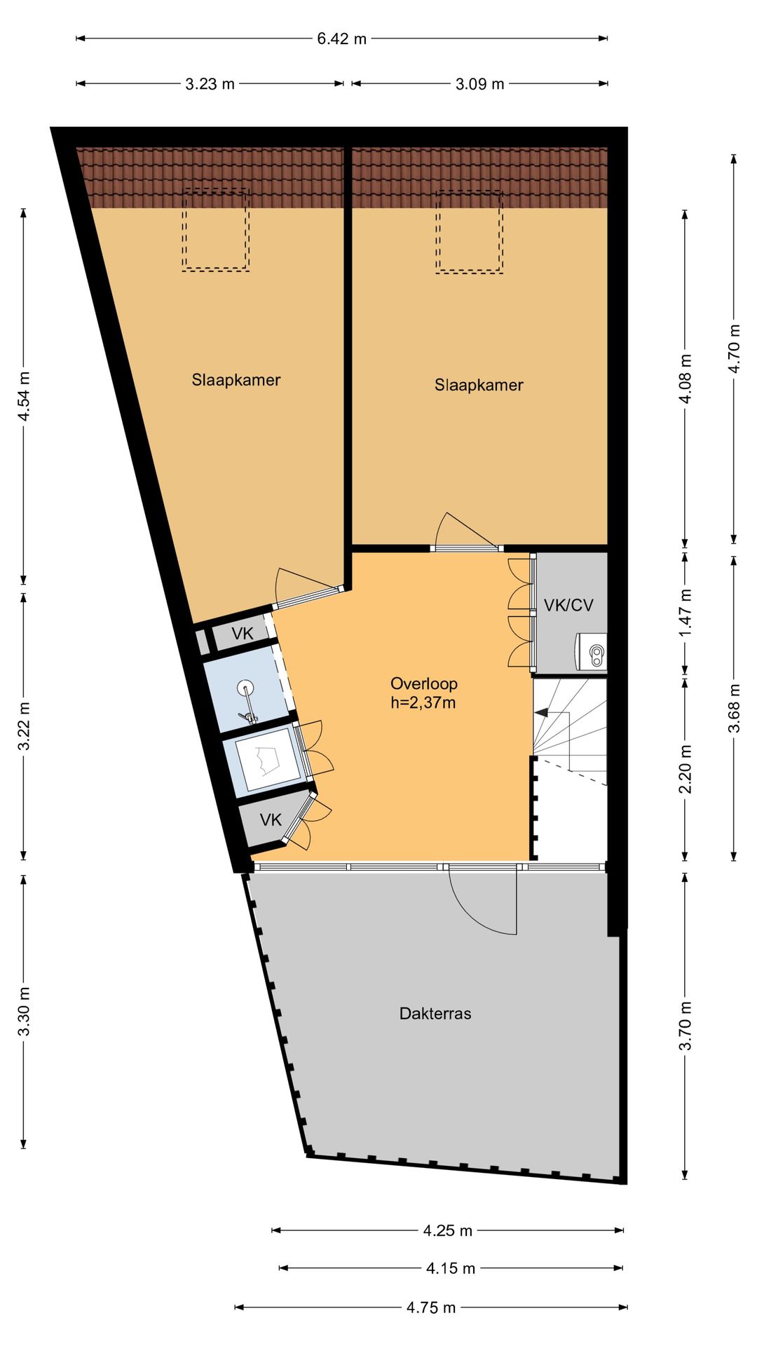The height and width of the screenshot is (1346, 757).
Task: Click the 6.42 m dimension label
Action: [x=341, y=39]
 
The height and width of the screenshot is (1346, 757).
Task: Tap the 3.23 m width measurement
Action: [x=210, y=84]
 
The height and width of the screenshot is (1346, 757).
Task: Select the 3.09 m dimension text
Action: [x=479, y=84]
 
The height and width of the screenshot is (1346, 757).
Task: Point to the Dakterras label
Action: [x=435, y=1013]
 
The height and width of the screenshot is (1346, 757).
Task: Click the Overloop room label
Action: [x=424, y=684]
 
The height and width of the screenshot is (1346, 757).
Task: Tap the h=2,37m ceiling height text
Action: [x=423, y=702]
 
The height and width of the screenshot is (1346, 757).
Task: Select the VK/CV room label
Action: [x=568, y=605]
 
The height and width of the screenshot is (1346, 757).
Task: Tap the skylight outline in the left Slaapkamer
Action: [x=216, y=230]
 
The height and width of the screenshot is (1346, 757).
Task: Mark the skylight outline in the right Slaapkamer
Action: [x=469, y=232]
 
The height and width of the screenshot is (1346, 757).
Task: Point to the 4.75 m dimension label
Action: [x=431, y=1307]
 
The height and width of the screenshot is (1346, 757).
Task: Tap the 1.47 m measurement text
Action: [x=686, y=613]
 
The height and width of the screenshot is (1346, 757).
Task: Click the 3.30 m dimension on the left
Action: [x=24, y=1011]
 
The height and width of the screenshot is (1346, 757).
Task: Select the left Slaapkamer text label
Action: [x=236, y=380]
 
